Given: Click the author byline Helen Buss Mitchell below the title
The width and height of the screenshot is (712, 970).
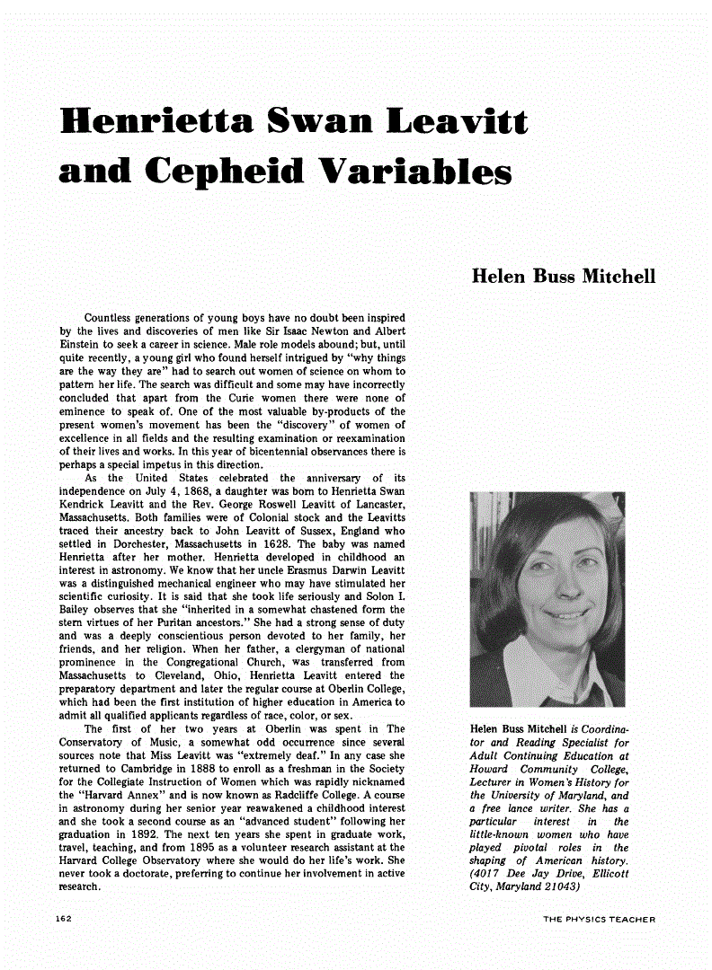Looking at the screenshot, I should [x=563, y=276].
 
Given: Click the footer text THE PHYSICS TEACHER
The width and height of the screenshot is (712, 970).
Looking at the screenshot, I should [x=599, y=919].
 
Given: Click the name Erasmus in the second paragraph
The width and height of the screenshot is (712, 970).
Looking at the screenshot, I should [x=308, y=571].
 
